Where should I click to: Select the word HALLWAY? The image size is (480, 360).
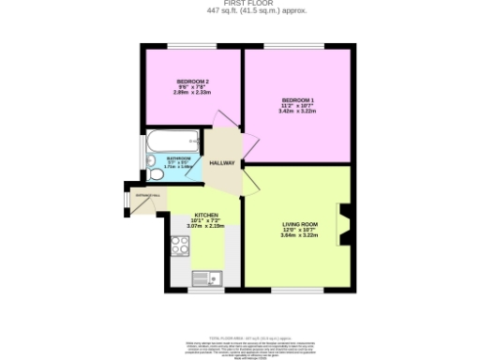tap(222, 163)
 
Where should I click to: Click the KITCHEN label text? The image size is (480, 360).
tap(206, 214)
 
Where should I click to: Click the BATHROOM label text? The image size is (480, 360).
tap(178, 158)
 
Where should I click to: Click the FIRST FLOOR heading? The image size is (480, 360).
tap(240, 4)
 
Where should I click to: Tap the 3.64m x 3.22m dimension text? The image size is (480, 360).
tap(300, 235)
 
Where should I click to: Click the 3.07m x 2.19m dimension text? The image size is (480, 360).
tap(206, 226)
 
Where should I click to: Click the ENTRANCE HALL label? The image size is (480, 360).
tap(148, 196)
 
